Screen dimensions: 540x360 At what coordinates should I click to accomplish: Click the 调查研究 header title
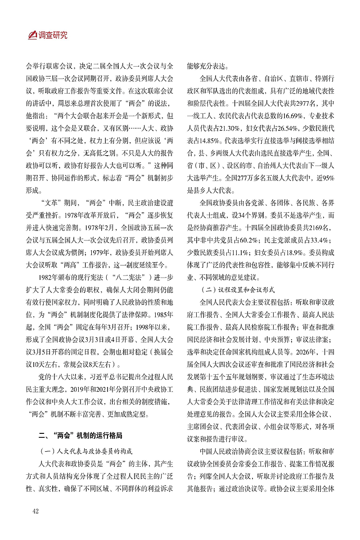(x=53, y=35)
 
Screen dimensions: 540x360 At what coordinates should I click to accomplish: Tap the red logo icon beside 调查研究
(x=33, y=35)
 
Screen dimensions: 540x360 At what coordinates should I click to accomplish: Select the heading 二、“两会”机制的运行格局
(x=80, y=435)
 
